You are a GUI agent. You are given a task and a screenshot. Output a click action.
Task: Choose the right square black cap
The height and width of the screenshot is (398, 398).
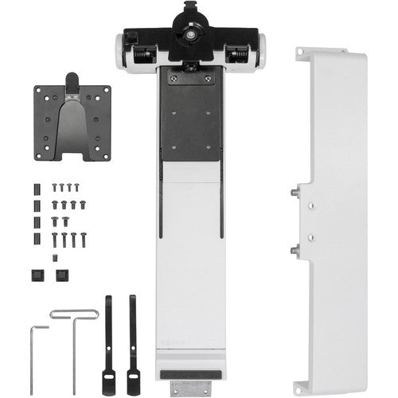click(61, 275)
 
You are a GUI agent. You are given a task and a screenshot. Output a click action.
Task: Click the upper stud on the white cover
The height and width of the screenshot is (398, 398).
click(295, 193)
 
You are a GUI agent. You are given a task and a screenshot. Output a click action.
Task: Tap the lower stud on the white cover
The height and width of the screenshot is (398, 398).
click(295, 248)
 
